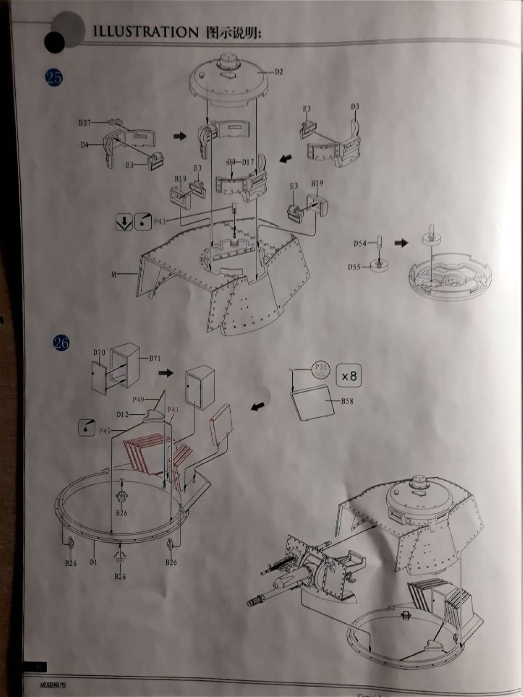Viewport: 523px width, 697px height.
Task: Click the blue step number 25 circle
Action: point(54,77)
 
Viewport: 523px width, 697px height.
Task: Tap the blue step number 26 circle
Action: point(61,342)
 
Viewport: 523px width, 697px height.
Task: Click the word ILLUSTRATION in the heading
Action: point(142,32)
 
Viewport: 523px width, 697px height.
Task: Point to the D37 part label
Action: point(85,123)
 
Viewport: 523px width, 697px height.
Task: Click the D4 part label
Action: point(85,145)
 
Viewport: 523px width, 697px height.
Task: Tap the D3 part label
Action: point(355,107)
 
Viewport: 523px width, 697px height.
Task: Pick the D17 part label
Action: point(247,162)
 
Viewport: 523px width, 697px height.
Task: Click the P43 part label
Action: point(160,222)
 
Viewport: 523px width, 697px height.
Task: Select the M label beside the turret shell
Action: point(113,274)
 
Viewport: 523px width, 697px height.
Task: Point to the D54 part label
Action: point(359,243)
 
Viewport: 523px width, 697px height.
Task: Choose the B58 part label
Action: point(347,402)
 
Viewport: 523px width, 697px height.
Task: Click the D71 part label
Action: point(154,359)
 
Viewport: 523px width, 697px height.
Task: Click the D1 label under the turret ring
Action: point(94,562)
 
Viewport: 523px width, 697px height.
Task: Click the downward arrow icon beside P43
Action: point(123,222)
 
